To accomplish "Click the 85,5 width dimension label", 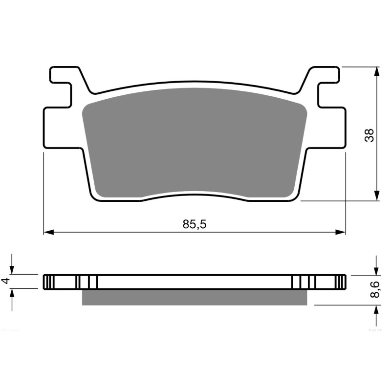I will tap(195, 224).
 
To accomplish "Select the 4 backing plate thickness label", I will tap(6, 281).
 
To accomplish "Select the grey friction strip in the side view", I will tap(195, 297).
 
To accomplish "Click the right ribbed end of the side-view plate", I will tap(342, 282).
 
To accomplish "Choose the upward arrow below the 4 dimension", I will tap(13, 293).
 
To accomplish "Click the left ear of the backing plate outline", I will tap(61, 127).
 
